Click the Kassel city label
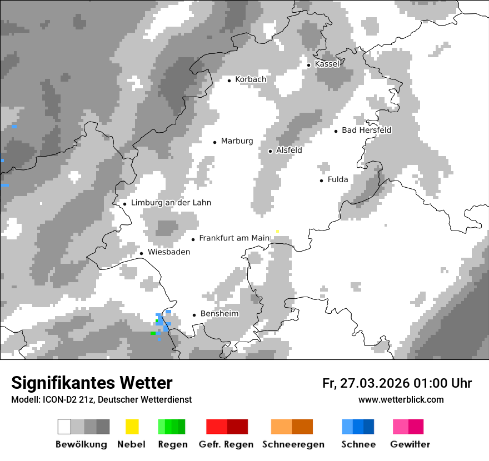coord(327,64)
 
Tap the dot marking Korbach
coord(229,81)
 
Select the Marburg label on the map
coord(237,141)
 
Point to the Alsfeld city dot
coord(270,151)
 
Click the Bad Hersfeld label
coord(366,131)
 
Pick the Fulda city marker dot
coord(321,181)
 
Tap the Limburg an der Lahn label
coord(171,203)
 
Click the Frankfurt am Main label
coord(234,238)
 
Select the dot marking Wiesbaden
coord(142,253)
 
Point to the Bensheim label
coord(219,314)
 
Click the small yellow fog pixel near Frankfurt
coord(277,231)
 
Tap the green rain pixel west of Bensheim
coord(153,334)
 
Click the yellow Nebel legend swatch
coord(132,427)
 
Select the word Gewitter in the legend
coord(410,444)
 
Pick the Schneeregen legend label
coord(293,444)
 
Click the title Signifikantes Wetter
coord(92,383)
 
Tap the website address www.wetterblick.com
coord(401,399)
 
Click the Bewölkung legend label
coord(81,444)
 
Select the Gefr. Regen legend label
coord(226,444)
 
